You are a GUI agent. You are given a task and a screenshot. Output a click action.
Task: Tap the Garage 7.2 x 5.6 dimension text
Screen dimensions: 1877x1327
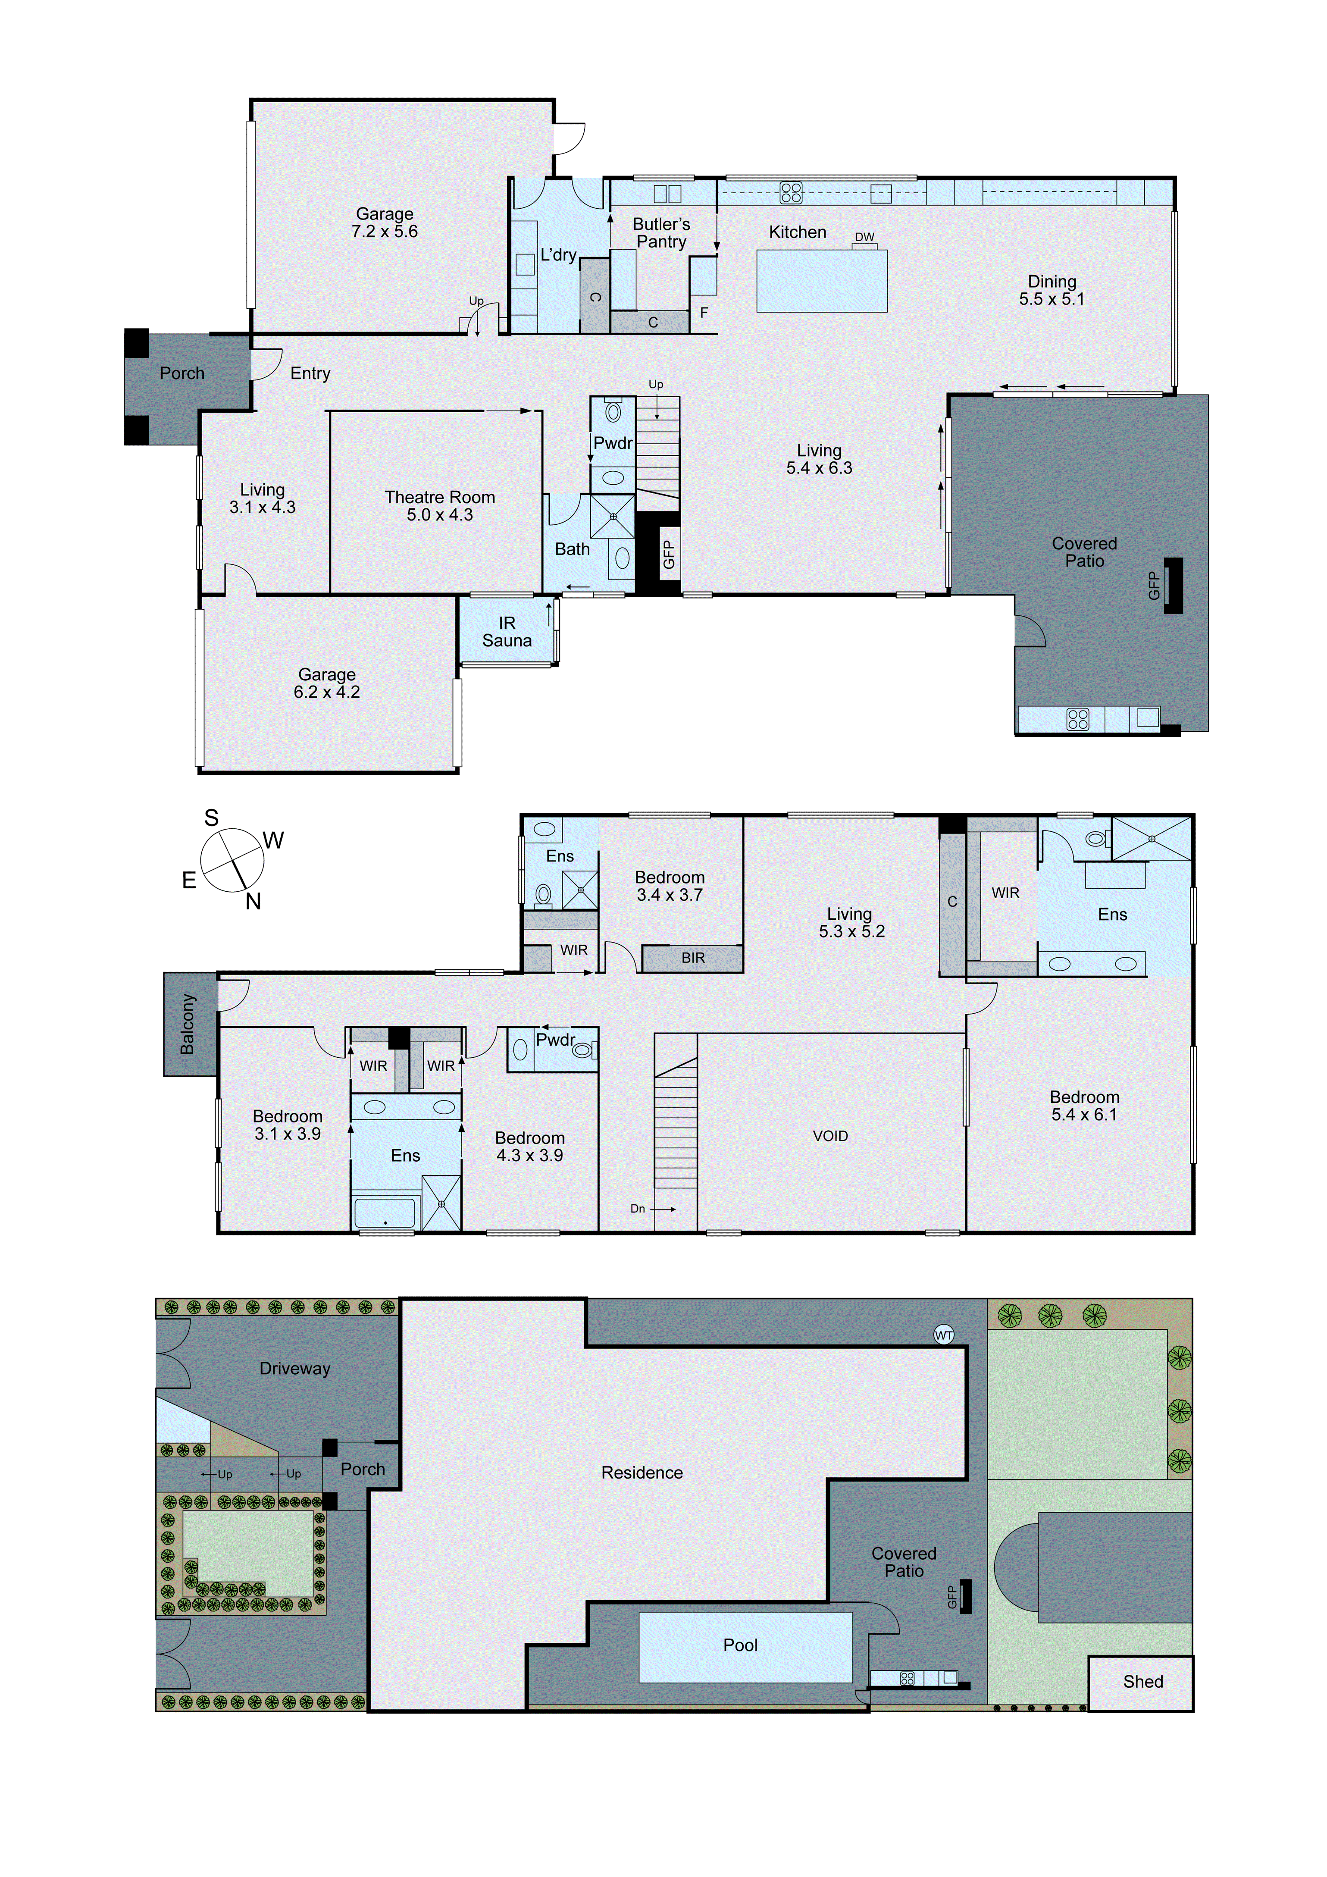point(384,232)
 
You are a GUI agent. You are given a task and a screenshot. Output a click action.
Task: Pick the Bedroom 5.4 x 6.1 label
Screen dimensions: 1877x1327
point(1084,1105)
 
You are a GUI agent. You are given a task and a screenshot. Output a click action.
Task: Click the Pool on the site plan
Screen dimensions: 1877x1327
point(741,1645)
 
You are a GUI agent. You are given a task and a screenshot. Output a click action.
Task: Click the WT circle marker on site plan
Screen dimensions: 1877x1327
point(944,1335)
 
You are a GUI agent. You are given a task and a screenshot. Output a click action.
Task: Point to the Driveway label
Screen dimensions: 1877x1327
point(294,1369)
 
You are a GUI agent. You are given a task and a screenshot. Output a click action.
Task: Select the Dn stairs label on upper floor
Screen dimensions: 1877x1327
point(638,1208)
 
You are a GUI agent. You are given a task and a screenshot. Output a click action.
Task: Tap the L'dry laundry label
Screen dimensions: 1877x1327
point(558,255)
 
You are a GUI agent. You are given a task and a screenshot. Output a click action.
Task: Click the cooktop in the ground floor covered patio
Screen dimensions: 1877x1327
point(1078,719)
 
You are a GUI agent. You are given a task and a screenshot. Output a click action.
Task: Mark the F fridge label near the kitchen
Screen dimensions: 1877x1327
point(704,312)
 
